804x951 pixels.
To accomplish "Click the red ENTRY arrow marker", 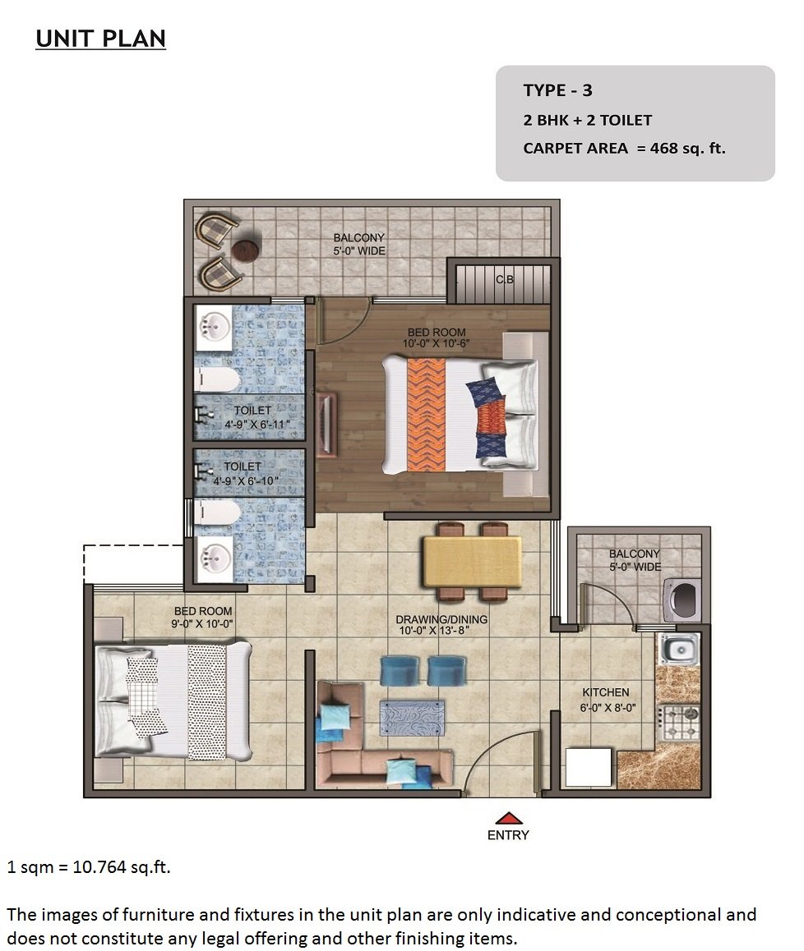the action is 509,818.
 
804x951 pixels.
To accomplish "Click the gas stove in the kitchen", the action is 679,723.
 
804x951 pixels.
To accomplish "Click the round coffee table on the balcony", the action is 246,250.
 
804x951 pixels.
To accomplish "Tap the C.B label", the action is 505,279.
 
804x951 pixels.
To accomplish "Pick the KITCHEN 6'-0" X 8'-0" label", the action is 607,700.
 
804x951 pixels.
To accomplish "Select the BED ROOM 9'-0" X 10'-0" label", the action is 203,618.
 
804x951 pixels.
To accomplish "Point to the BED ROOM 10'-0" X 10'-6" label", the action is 437,338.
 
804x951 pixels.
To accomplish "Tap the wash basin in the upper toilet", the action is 213,328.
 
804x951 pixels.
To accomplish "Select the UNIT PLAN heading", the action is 101,39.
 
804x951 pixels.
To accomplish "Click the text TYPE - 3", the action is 557,90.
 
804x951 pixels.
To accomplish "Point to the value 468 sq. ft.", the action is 687,148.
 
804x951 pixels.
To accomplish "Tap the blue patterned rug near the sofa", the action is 412,718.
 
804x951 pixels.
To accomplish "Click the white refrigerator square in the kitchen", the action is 589,768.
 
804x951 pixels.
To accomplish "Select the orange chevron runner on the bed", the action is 427,415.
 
